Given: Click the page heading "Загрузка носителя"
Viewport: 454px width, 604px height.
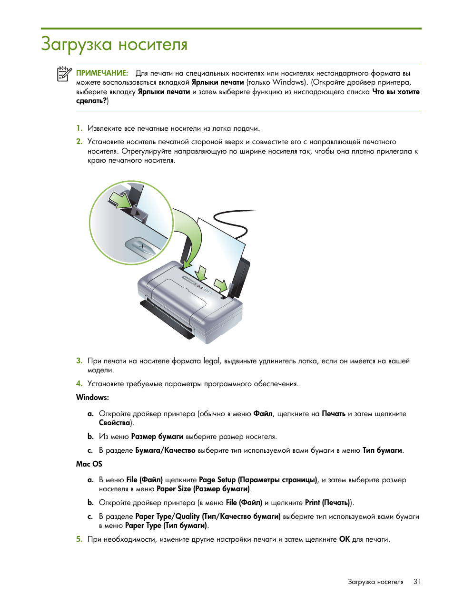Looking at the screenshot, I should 114,44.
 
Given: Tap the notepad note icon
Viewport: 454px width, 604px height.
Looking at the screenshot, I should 64,74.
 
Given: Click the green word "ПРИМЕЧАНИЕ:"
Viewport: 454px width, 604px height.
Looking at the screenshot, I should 102,73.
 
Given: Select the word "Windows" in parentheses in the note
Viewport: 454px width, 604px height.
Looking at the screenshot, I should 288,82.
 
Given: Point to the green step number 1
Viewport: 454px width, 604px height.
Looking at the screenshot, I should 79,128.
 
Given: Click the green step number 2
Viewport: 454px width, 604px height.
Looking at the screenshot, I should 79,142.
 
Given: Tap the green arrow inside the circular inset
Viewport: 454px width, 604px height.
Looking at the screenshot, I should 120,199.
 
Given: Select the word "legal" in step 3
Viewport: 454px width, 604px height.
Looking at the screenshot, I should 212,361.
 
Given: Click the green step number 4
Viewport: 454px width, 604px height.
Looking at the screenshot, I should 79,384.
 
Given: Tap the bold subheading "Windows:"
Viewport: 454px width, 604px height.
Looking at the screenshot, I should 92,398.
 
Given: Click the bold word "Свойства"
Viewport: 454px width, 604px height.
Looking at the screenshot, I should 115,423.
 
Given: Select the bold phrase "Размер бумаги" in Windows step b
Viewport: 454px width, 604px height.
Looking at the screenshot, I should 157,437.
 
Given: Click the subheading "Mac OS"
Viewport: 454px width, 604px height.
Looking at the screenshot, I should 89,464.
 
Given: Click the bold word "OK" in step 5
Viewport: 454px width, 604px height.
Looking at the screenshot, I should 344,539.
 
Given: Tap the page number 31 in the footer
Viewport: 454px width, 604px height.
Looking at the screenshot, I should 417,582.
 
